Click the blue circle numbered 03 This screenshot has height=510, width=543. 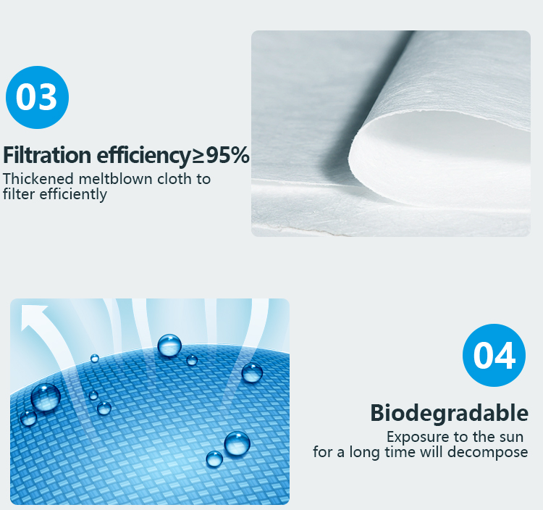coord(37,97)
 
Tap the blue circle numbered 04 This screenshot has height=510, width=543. coord(494,355)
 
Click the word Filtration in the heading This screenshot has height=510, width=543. coord(47,155)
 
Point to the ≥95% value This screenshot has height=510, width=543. coord(220,154)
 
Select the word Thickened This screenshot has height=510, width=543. coord(38,179)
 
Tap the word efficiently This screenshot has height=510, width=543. coord(73,194)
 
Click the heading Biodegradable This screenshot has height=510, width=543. coord(449,413)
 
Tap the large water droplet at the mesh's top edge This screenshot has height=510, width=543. coord(169,345)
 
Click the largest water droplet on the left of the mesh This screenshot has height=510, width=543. coord(46,397)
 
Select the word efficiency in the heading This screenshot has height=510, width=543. coord(143,155)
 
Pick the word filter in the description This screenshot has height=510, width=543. coord(19,193)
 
